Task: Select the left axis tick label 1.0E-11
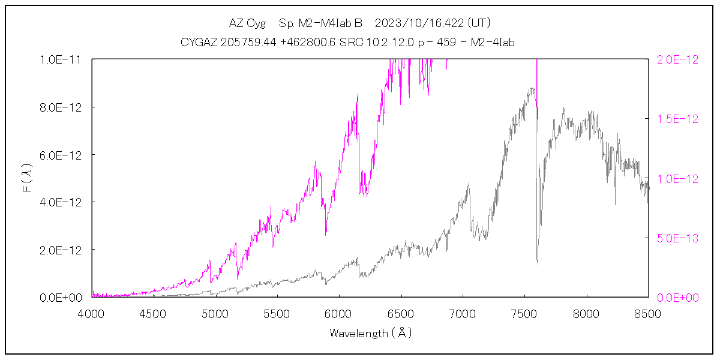tap(61, 59)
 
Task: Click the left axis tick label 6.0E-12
tap(61, 154)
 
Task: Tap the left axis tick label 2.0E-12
tap(61, 249)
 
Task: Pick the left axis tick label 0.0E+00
tap(61, 297)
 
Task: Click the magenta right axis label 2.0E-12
tap(678, 59)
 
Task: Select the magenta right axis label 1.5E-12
tap(678, 119)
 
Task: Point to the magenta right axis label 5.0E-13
tap(678, 238)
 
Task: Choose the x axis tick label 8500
tap(649, 313)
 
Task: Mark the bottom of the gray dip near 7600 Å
tap(538, 263)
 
